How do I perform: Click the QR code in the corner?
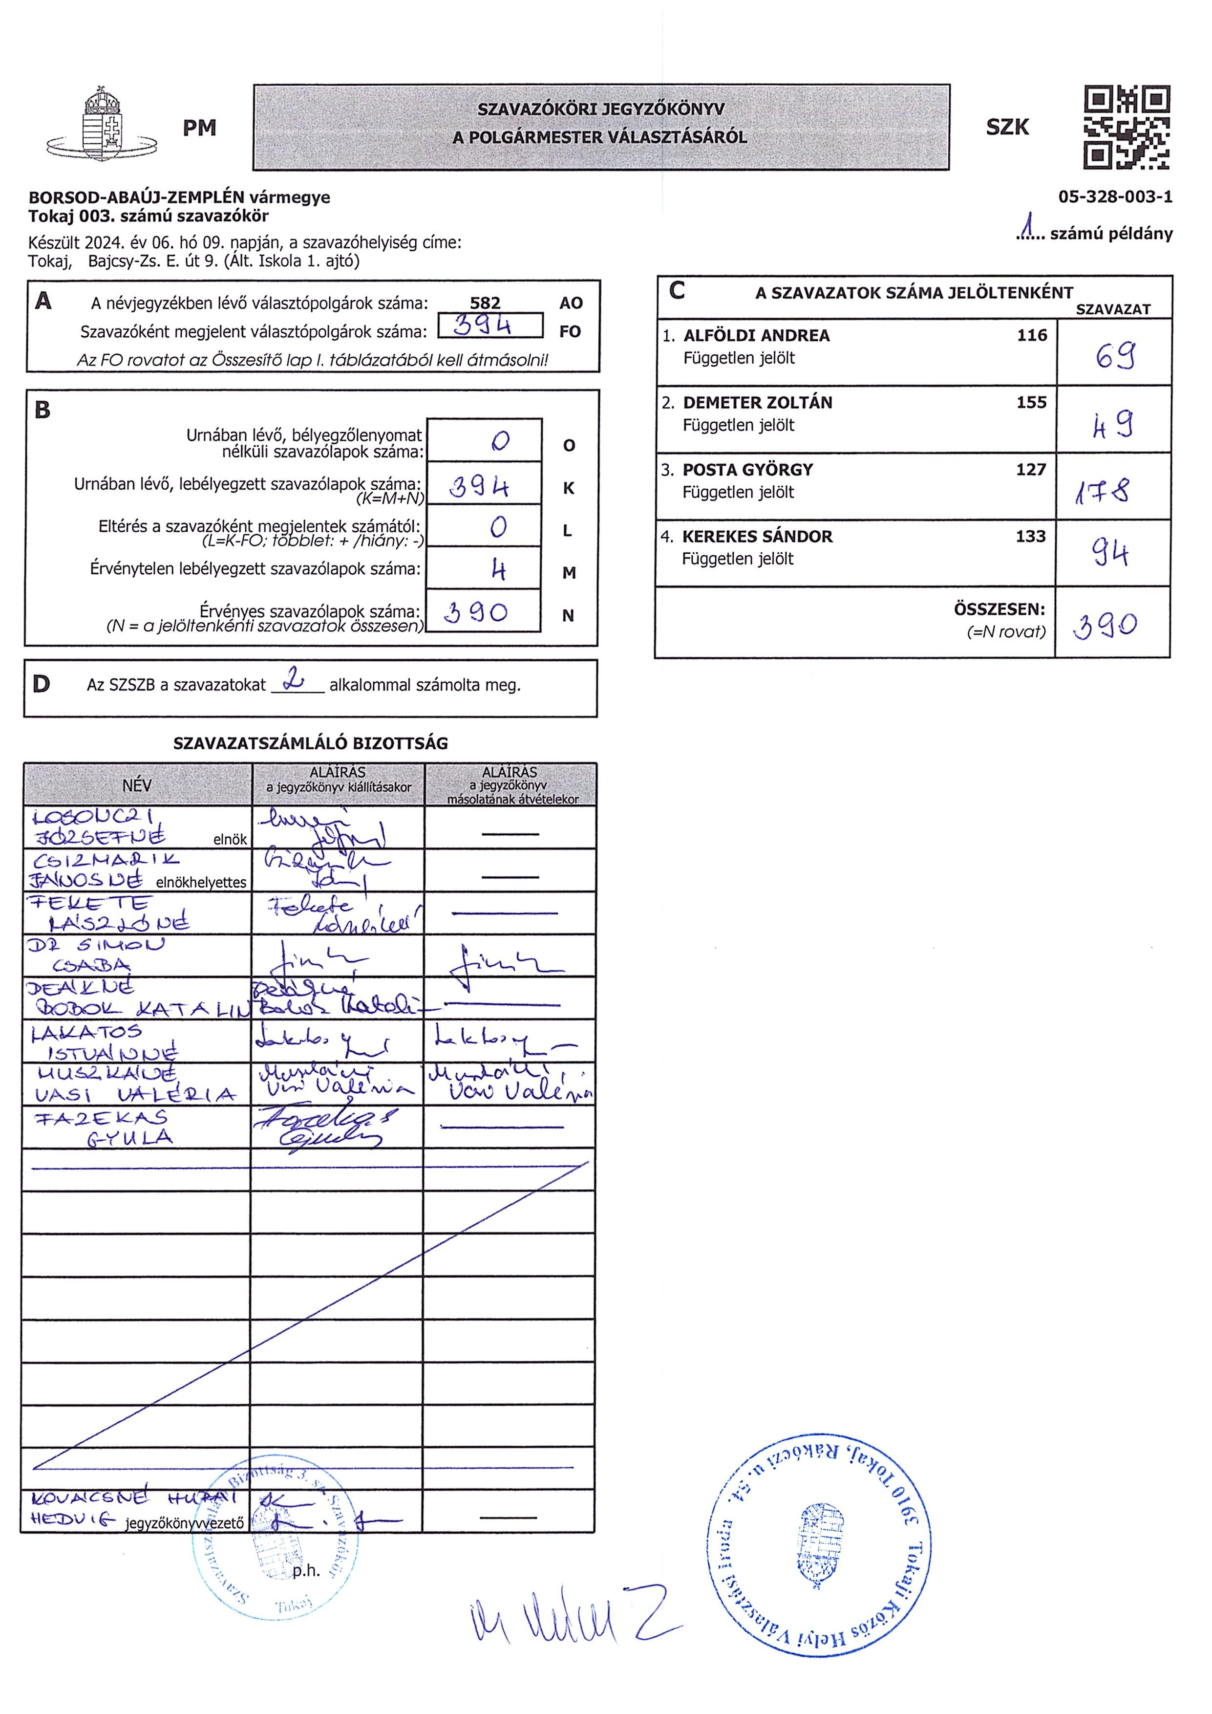(1126, 127)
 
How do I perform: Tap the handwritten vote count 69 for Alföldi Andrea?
(1114, 355)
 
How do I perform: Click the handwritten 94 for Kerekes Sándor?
(1110, 554)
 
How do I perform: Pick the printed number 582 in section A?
(485, 303)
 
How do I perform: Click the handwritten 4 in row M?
(498, 570)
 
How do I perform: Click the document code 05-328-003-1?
(1115, 197)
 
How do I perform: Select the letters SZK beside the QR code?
(1007, 127)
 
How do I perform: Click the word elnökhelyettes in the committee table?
(201, 882)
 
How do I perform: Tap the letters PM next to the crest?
(199, 129)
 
